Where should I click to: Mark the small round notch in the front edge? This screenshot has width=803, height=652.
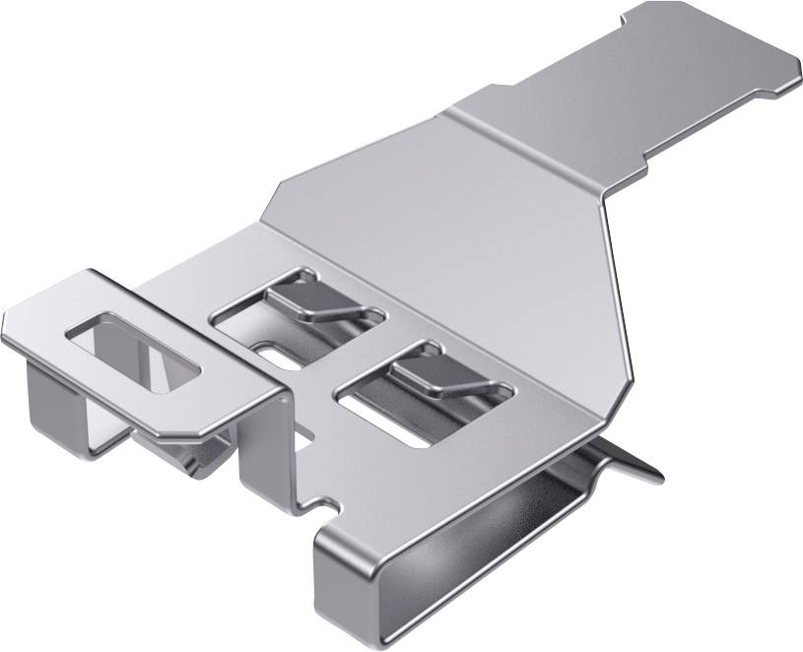[319, 507]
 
